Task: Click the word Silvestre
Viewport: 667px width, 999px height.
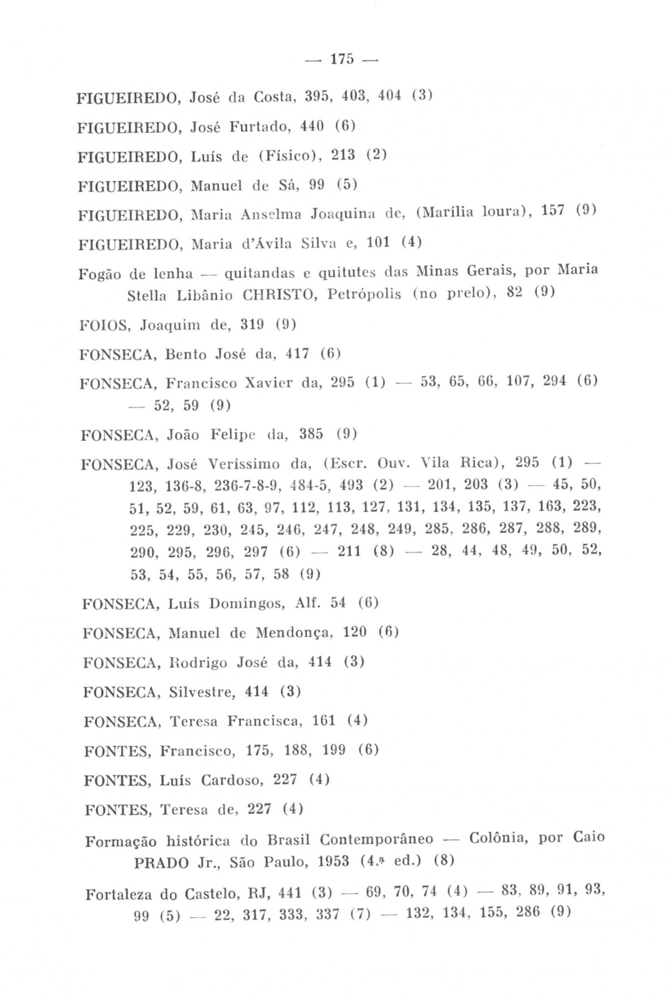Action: [x=202, y=692]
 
